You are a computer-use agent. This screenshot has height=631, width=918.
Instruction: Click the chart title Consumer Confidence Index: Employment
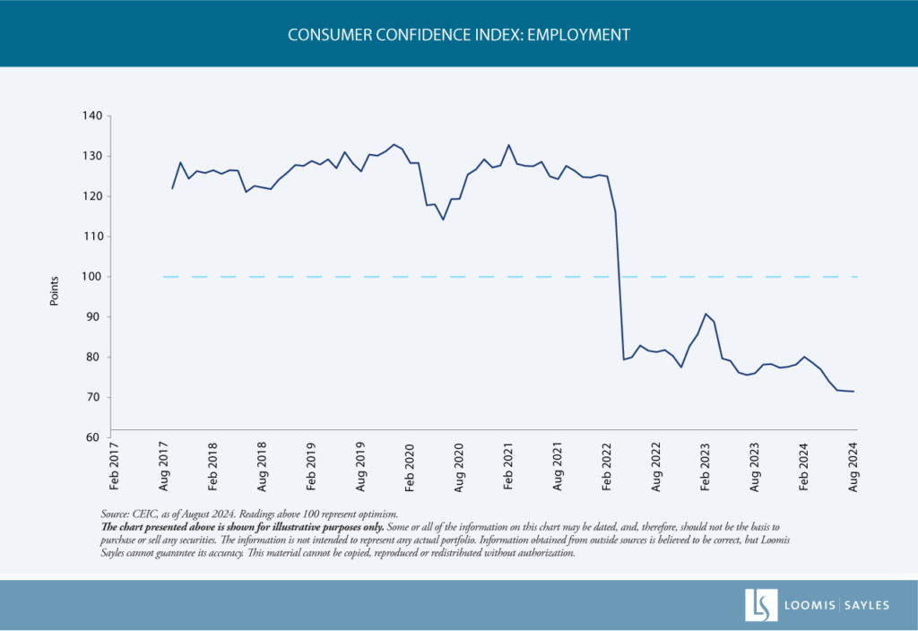pos(459,35)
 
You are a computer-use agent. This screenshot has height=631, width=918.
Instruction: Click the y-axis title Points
pos(54,291)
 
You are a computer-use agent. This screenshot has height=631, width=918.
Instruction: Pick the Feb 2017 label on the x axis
pos(114,467)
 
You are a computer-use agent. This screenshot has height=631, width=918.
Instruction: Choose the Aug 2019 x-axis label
pos(360,467)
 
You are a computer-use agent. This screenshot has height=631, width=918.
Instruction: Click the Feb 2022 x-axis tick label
pos(607,467)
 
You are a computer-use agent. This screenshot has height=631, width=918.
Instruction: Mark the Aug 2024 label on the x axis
pos(853,467)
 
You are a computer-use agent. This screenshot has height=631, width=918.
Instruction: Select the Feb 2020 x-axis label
pos(410,467)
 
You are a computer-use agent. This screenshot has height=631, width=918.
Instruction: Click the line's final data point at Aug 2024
pos(853,392)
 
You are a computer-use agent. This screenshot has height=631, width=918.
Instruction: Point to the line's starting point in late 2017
pos(172,188)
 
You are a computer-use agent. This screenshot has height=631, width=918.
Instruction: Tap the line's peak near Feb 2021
pos(508,145)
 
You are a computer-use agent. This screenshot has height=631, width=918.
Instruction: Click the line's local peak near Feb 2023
pos(706,314)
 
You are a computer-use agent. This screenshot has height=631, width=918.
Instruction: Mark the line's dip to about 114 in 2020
pos(443,220)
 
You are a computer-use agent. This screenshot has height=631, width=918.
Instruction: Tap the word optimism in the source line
pos(373,514)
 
